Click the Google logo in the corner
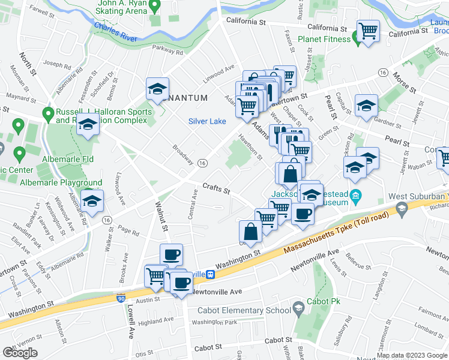coord(20,353)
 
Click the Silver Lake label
coord(207,121)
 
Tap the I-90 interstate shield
coord(121,298)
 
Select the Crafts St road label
coord(217,189)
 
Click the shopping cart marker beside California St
coord(367,30)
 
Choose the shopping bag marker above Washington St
coord(250,232)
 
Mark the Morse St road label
coord(404,83)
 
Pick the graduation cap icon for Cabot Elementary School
coord(297,310)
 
